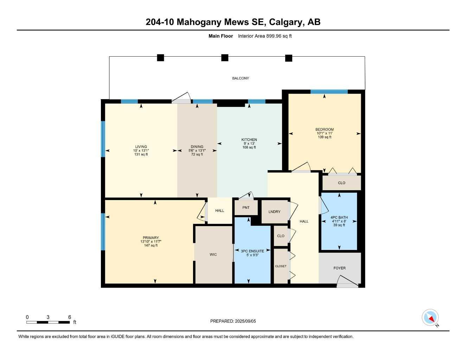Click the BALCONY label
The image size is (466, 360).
[x=241, y=78]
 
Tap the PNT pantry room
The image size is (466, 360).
[x=246, y=207]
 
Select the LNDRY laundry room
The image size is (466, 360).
[x=274, y=212]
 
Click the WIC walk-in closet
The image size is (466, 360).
[x=213, y=254]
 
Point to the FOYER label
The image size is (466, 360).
[x=339, y=268]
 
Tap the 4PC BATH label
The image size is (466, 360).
[x=339, y=218]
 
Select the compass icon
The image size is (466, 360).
[x=430, y=317]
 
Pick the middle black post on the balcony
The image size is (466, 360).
[x=225, y=58]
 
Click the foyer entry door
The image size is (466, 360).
[x=347, y=281]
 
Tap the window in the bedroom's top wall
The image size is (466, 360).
[x=329, y=92]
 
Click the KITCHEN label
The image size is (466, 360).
[x=249, y=140]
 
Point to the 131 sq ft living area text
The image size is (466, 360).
[x=141, y=154]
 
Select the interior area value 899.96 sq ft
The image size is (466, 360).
[x=278, y=36]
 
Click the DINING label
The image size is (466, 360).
[x=197, y=147]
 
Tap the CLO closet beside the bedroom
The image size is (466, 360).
[x=341, y=183]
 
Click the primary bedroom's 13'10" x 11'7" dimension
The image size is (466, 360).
[x=151, y=242]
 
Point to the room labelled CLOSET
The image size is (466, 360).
[x=281, y=266]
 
